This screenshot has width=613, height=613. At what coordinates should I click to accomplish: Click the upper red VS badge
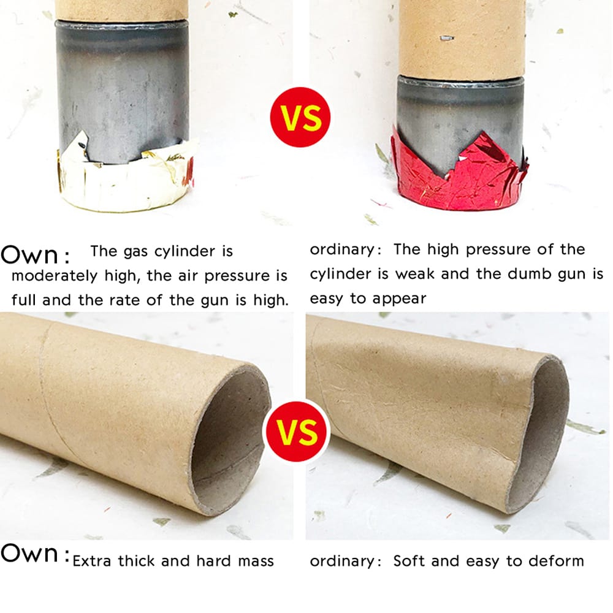tap(300, 117)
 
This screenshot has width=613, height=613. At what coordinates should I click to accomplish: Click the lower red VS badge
tap(297, 431)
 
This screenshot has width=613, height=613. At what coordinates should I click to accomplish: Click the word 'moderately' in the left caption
tap(54, 276)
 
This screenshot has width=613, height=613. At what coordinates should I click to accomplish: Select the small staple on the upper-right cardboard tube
tap(446, 38)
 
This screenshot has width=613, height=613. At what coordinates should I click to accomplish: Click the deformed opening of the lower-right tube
tap(538, 430)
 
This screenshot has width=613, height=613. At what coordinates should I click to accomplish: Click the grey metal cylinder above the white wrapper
tap(123, 90)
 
